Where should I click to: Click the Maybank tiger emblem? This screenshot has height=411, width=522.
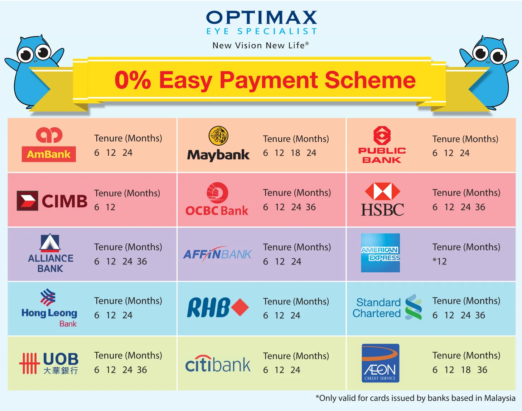click(x=218, y=136)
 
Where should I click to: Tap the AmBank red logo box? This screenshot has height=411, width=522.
click(x=49, y=154)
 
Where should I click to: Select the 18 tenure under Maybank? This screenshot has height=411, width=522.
click(x=295, y=153)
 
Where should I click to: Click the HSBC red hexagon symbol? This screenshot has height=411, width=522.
click(x=382, y=191)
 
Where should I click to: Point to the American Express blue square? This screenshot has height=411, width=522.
click(x=380, y=253)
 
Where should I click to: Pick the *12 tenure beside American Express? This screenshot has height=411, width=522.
click(x=440, y=261)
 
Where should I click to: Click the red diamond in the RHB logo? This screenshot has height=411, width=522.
click(x=240, y=307)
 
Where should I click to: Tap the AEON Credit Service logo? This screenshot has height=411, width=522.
click(x=380, y=363)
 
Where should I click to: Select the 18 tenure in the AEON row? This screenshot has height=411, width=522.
click(x=466, y=370)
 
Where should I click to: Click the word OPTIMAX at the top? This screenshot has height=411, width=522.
click(x=261, y=18)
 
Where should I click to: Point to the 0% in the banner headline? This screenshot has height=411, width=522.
click(x=133, y=80)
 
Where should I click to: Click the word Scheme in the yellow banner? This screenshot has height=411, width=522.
click(x=370, y=80)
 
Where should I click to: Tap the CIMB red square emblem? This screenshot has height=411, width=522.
click(x=28, y=201)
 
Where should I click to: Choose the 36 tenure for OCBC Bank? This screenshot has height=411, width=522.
click(x=311, y=207)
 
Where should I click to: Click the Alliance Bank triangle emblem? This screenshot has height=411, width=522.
click(x=50, y=243)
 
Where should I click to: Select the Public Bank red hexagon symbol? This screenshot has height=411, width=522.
click(x=382, y=135)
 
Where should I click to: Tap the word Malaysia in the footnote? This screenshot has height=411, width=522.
click(x=500, y=398)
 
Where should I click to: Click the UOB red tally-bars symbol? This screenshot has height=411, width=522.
click(x=29, y=363)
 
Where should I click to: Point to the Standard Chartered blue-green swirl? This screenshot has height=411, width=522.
click(x=413, y=307)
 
